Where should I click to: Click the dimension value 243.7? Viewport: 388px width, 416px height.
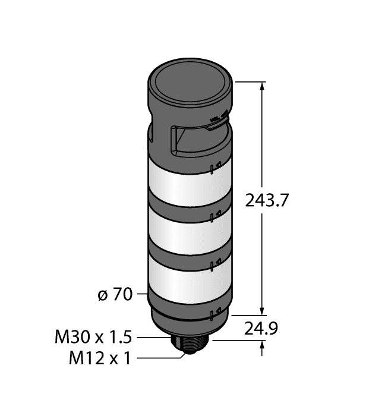pyautogui.click(x=267, y=201)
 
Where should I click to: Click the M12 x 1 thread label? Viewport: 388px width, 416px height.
pyautogui.click(x=99, y=358)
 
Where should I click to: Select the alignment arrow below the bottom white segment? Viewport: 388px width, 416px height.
pyautogui.click(x=217, y=310)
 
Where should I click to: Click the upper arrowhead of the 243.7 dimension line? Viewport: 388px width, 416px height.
pyautogui.click(x=263, y=86)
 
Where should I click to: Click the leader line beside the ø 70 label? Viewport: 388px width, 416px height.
pyautogui.click(x=141, y=294)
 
